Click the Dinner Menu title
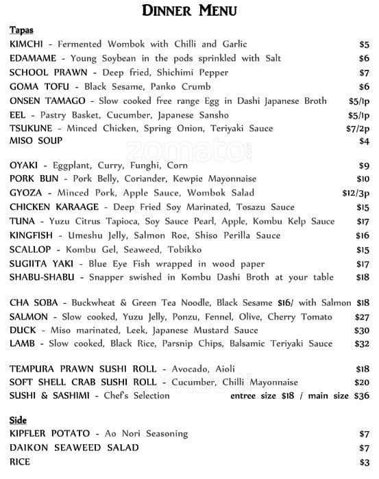tap(189, 10)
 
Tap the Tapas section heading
tap(21, 31)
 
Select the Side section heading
tap(18, 419)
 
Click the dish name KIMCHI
tap(26, 44)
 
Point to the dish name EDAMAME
tap(33, 59)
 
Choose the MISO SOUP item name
tap(36, 141)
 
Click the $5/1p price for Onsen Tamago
tap(358, 101)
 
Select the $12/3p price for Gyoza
tap(356, 193)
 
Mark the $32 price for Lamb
tap(362, 344)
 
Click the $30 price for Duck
tap(362, 331)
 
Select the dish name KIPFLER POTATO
tap(50, 434)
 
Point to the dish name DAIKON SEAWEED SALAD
tap(74, 448)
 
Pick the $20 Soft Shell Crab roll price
tap(362, 383)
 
